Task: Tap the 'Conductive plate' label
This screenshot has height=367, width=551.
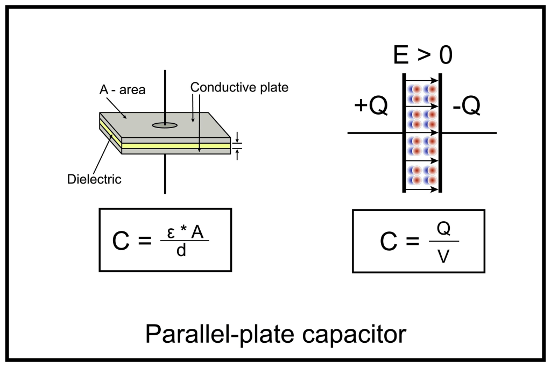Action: point(239,88)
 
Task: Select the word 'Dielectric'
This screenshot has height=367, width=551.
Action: point(94,179)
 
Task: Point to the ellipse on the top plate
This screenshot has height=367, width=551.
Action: point(165,125)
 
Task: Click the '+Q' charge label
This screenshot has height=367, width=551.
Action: point(371,107)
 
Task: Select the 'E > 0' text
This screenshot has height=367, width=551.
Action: point(422,55)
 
